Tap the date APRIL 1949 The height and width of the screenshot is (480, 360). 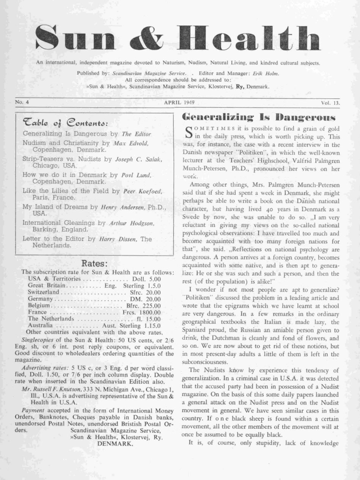(x=179, y=102)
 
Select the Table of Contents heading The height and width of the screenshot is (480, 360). (x=65, y=123)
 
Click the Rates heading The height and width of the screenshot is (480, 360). (x=95, y=263)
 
